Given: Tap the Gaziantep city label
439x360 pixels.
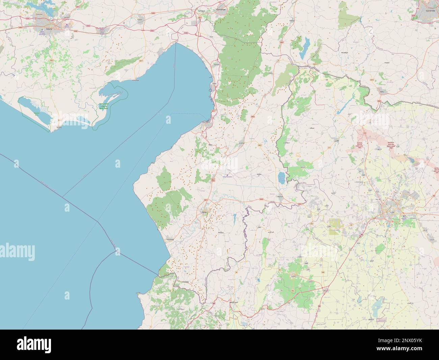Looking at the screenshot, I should pyautogui.click(x=430, y=10).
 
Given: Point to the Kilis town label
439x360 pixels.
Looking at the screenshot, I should pyautogui.click(x=382, y=92).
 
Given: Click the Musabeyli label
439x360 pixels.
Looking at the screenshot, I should pyautogui.click(x=344, y=53).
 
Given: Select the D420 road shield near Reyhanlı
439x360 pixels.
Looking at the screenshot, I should pyautogui.click(x=261, y=200).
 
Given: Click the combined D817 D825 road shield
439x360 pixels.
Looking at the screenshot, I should pyautogui.click(x=213, y=180).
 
